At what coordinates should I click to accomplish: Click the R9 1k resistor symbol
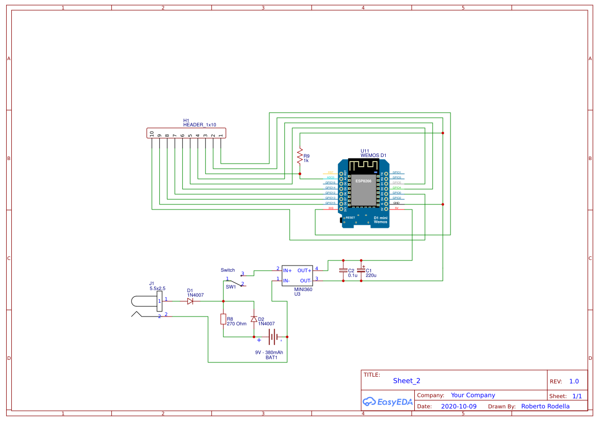pos(300,156)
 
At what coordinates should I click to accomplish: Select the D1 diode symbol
pos(190,301)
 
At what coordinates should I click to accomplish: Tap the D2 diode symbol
pos(254,319)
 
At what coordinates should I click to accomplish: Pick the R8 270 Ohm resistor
pos(223,319)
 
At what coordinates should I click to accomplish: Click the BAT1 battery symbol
pos(273,337)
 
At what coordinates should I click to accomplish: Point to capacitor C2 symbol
pos(343,271)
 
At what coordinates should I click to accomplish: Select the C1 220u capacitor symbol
pos(361,271)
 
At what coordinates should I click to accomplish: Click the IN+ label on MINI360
pos(287,271)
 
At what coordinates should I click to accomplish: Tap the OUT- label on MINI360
pos(305,281)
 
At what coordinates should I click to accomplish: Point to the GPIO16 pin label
pos(330,182)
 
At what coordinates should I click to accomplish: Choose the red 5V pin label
pos(396,208)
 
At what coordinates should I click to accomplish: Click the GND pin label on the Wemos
pos(396,203)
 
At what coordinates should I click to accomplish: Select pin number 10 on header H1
pos(152,134)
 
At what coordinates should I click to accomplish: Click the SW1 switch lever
pos(234,281)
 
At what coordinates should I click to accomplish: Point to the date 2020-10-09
pos(458,406)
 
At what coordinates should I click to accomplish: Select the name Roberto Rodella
pos(545,406)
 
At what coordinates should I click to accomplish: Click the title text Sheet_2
pos(407,381)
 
